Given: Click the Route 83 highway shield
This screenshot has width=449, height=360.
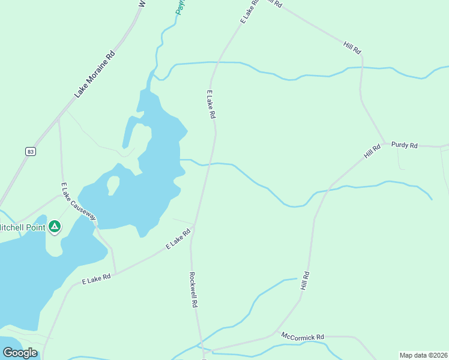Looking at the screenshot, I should [29, 152].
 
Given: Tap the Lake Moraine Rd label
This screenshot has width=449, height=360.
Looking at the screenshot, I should [94, 74].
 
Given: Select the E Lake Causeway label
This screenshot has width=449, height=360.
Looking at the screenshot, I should [78, 202].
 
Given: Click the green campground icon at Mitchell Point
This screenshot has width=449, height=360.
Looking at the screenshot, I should [55, 226].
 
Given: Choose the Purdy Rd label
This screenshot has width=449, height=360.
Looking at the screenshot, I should [404, 145].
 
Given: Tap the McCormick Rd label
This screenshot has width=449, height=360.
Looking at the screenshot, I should [303, 337].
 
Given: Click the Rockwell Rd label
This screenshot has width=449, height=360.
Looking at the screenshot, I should [193, 290].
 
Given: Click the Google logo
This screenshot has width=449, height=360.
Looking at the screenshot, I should [20, 353].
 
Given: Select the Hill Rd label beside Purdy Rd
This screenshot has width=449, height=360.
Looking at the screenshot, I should [372, 151].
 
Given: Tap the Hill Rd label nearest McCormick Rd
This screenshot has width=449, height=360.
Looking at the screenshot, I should [306, 281].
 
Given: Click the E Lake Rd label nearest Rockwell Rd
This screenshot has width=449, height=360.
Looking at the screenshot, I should [178, 238].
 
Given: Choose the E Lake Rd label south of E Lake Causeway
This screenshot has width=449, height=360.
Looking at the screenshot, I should [97, 278].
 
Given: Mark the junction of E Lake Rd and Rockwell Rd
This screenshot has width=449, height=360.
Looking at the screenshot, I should [194, 226].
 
